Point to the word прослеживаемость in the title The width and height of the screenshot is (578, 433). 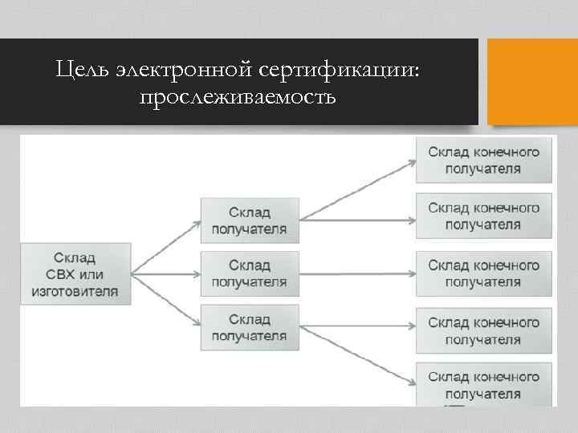point(238,97)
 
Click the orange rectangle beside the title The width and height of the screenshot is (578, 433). point(533,81)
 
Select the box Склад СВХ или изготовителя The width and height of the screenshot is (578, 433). point(75,273)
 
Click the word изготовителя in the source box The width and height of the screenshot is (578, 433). point(75,290)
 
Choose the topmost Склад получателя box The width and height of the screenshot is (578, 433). point(249,220)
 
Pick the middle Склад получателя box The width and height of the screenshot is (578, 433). point(249,273)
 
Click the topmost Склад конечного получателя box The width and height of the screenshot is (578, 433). point(483,160)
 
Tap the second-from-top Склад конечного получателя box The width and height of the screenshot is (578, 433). point(483,216)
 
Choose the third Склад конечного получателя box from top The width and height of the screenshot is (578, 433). point(483,273)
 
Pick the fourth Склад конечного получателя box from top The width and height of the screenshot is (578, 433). point(483,330)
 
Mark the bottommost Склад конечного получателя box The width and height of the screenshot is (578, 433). point(483,385)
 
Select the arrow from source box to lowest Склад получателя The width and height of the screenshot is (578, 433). point(165,298)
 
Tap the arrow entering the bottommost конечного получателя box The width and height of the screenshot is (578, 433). point(357,354)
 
